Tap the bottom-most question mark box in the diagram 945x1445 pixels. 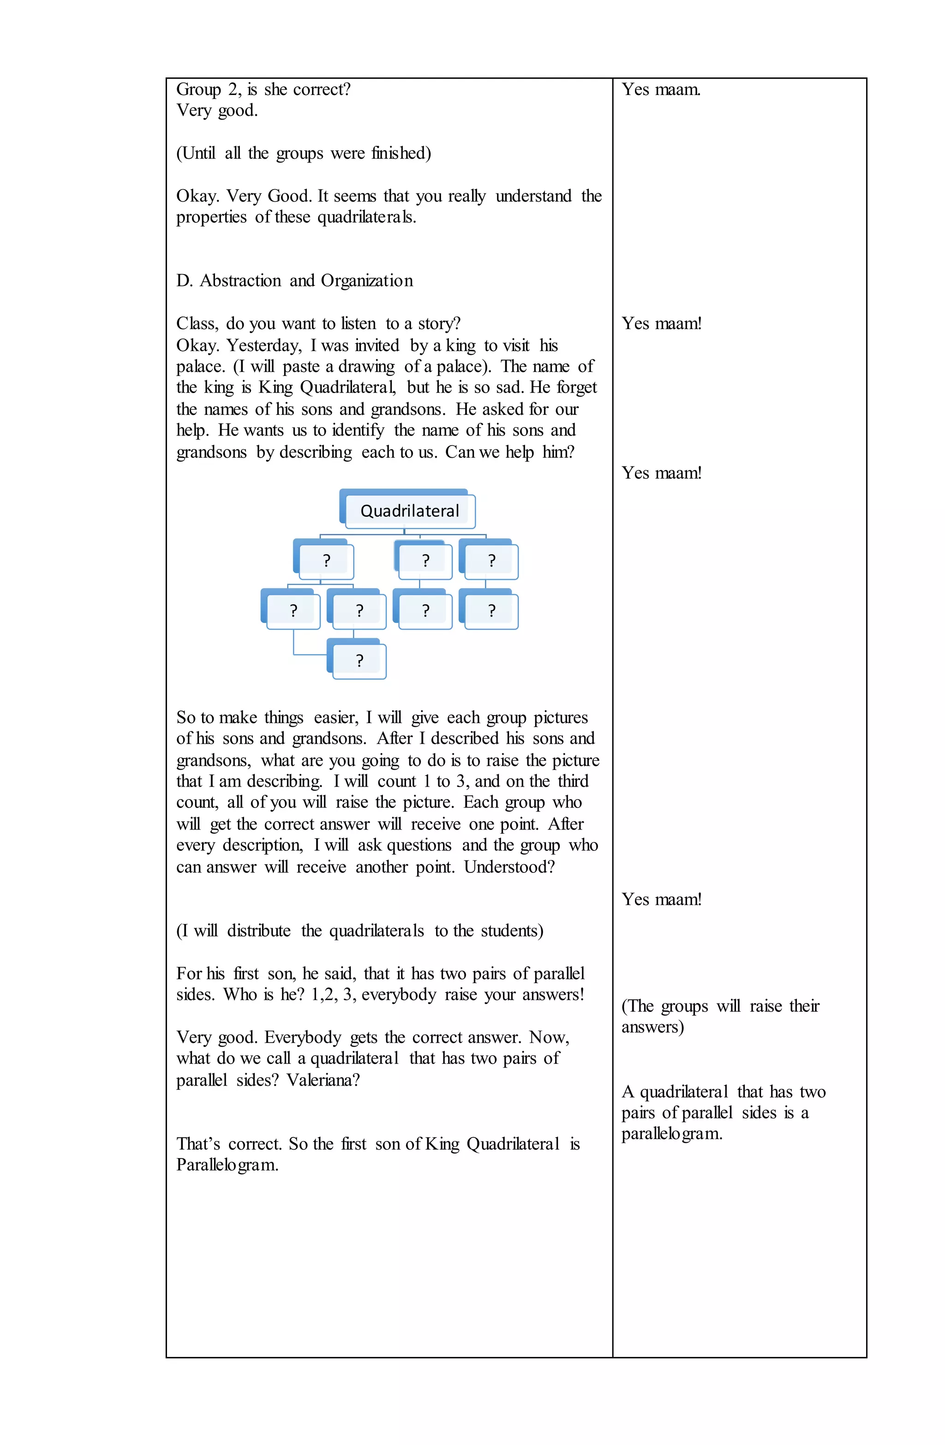point(359,661)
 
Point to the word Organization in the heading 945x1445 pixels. point(367,281)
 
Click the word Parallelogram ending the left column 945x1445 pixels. point(227,1165)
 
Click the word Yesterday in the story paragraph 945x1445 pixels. point(263,346)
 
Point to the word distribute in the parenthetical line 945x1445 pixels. point(259,931)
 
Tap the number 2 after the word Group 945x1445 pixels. point(233,89)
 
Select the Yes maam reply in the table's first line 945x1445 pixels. point(661,89)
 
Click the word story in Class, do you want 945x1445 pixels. point(438,323)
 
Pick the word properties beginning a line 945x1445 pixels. point(211,217)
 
